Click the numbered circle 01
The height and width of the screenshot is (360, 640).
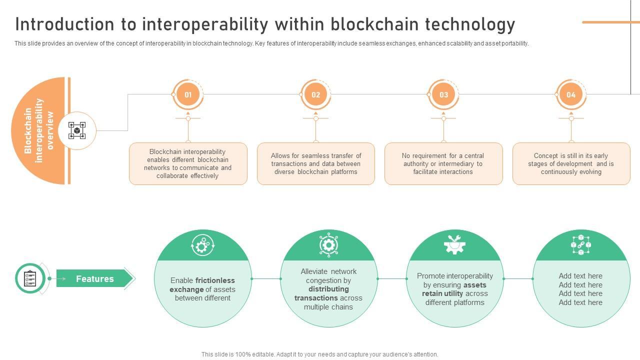(x=188, y=94)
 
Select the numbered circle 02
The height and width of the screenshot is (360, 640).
(x=316, y=94)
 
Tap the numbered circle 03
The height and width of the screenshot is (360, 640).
(x=443, y=94)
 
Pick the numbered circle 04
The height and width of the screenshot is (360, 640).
(x=571, y=94)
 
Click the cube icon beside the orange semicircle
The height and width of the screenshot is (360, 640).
(x=77, y=130)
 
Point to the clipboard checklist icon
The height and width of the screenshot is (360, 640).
(x=30, y=278)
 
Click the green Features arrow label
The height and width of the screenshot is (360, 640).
(x=94, y=278)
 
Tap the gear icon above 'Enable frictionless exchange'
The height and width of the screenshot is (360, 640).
(x=202, y=245)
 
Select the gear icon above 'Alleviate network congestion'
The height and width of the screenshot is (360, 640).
(x=328, y=245)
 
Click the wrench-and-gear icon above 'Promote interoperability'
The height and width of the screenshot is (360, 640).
(x=454, y=245)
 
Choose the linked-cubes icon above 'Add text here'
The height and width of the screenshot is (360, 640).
(x=581, y=245)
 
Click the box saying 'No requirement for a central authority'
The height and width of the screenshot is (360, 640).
(x=443, y=163)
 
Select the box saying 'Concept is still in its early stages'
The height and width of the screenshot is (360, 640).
(x=571, y=163)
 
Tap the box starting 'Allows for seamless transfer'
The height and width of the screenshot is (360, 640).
(x=316, y=163)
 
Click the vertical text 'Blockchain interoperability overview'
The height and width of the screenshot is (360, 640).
(x=39, y=130)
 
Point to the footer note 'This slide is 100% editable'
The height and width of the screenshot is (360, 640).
(x=320, y=354)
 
